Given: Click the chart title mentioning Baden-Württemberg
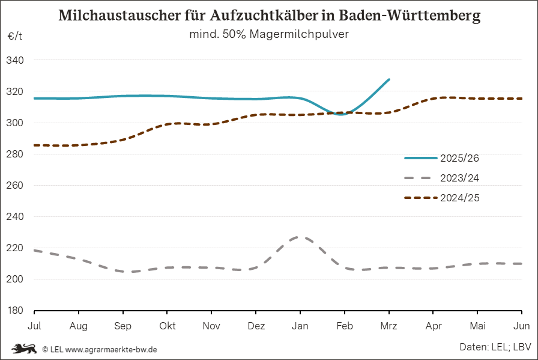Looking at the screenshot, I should tap(269, 16).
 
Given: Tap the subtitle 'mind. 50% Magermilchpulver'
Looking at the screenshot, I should tap(269, 35).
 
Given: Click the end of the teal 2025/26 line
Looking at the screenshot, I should tap(389, 79).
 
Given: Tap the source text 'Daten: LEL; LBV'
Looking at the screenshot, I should tap(495, 347).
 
